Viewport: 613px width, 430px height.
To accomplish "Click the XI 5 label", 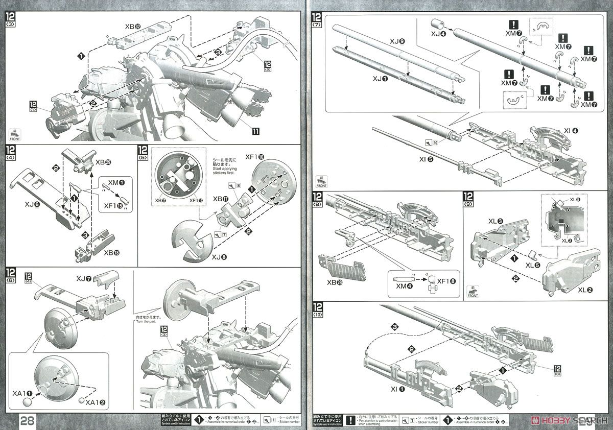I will coord(426,159).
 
